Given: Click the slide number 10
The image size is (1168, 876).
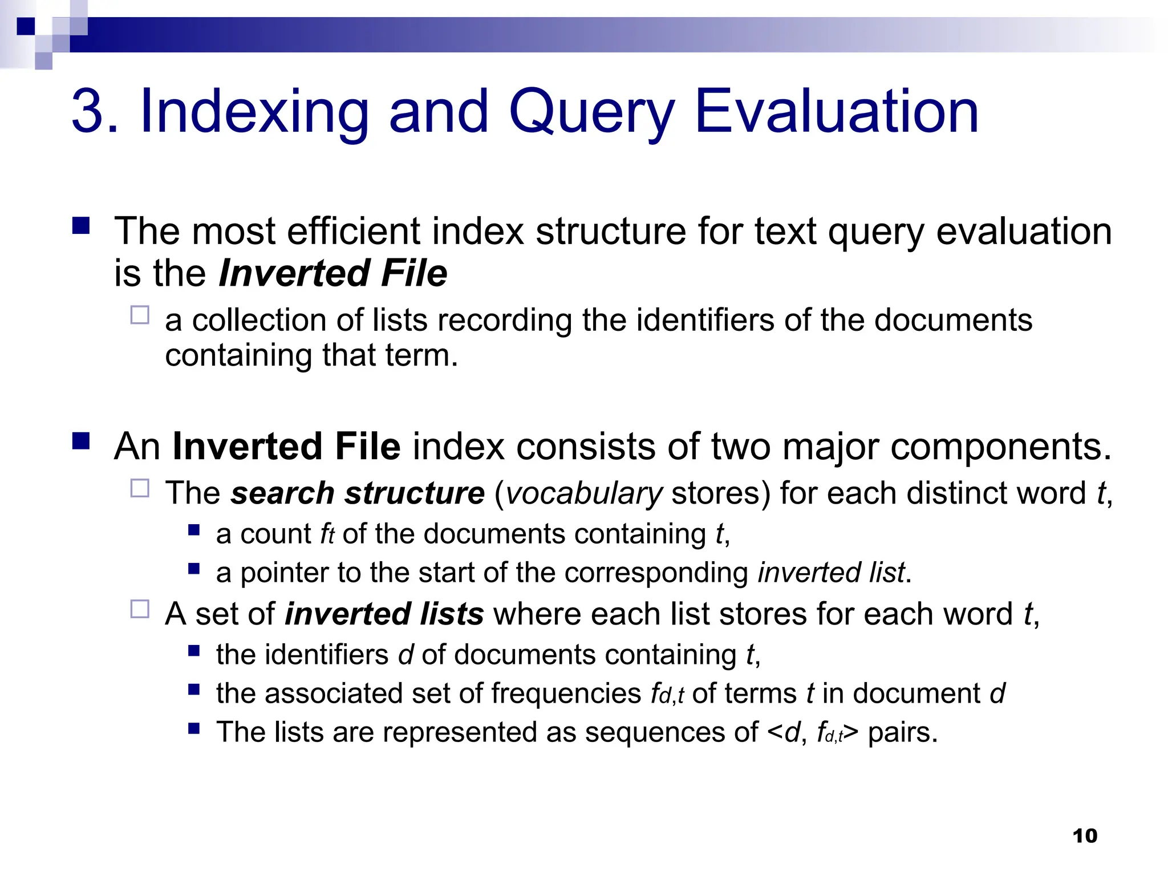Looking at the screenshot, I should point(1084,836).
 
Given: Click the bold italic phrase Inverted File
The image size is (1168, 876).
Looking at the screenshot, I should point(332,273).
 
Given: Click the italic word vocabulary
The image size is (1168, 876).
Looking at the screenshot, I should point(583,493).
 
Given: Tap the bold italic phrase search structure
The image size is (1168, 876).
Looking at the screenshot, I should point(358,493).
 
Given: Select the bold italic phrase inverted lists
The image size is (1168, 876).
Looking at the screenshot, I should point(384,614).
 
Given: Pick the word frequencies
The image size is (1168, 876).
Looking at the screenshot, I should point(566,693).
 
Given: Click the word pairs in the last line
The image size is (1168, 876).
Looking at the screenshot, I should point(902,732).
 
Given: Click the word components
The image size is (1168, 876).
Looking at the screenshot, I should point(1000,446).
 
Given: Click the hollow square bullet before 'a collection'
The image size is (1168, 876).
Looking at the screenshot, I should point(140,315).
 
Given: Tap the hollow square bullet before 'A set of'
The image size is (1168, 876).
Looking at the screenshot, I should point(140,609).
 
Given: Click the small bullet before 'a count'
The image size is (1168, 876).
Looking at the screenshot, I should point(194,530).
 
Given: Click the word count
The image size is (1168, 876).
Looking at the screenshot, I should point(275,534).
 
